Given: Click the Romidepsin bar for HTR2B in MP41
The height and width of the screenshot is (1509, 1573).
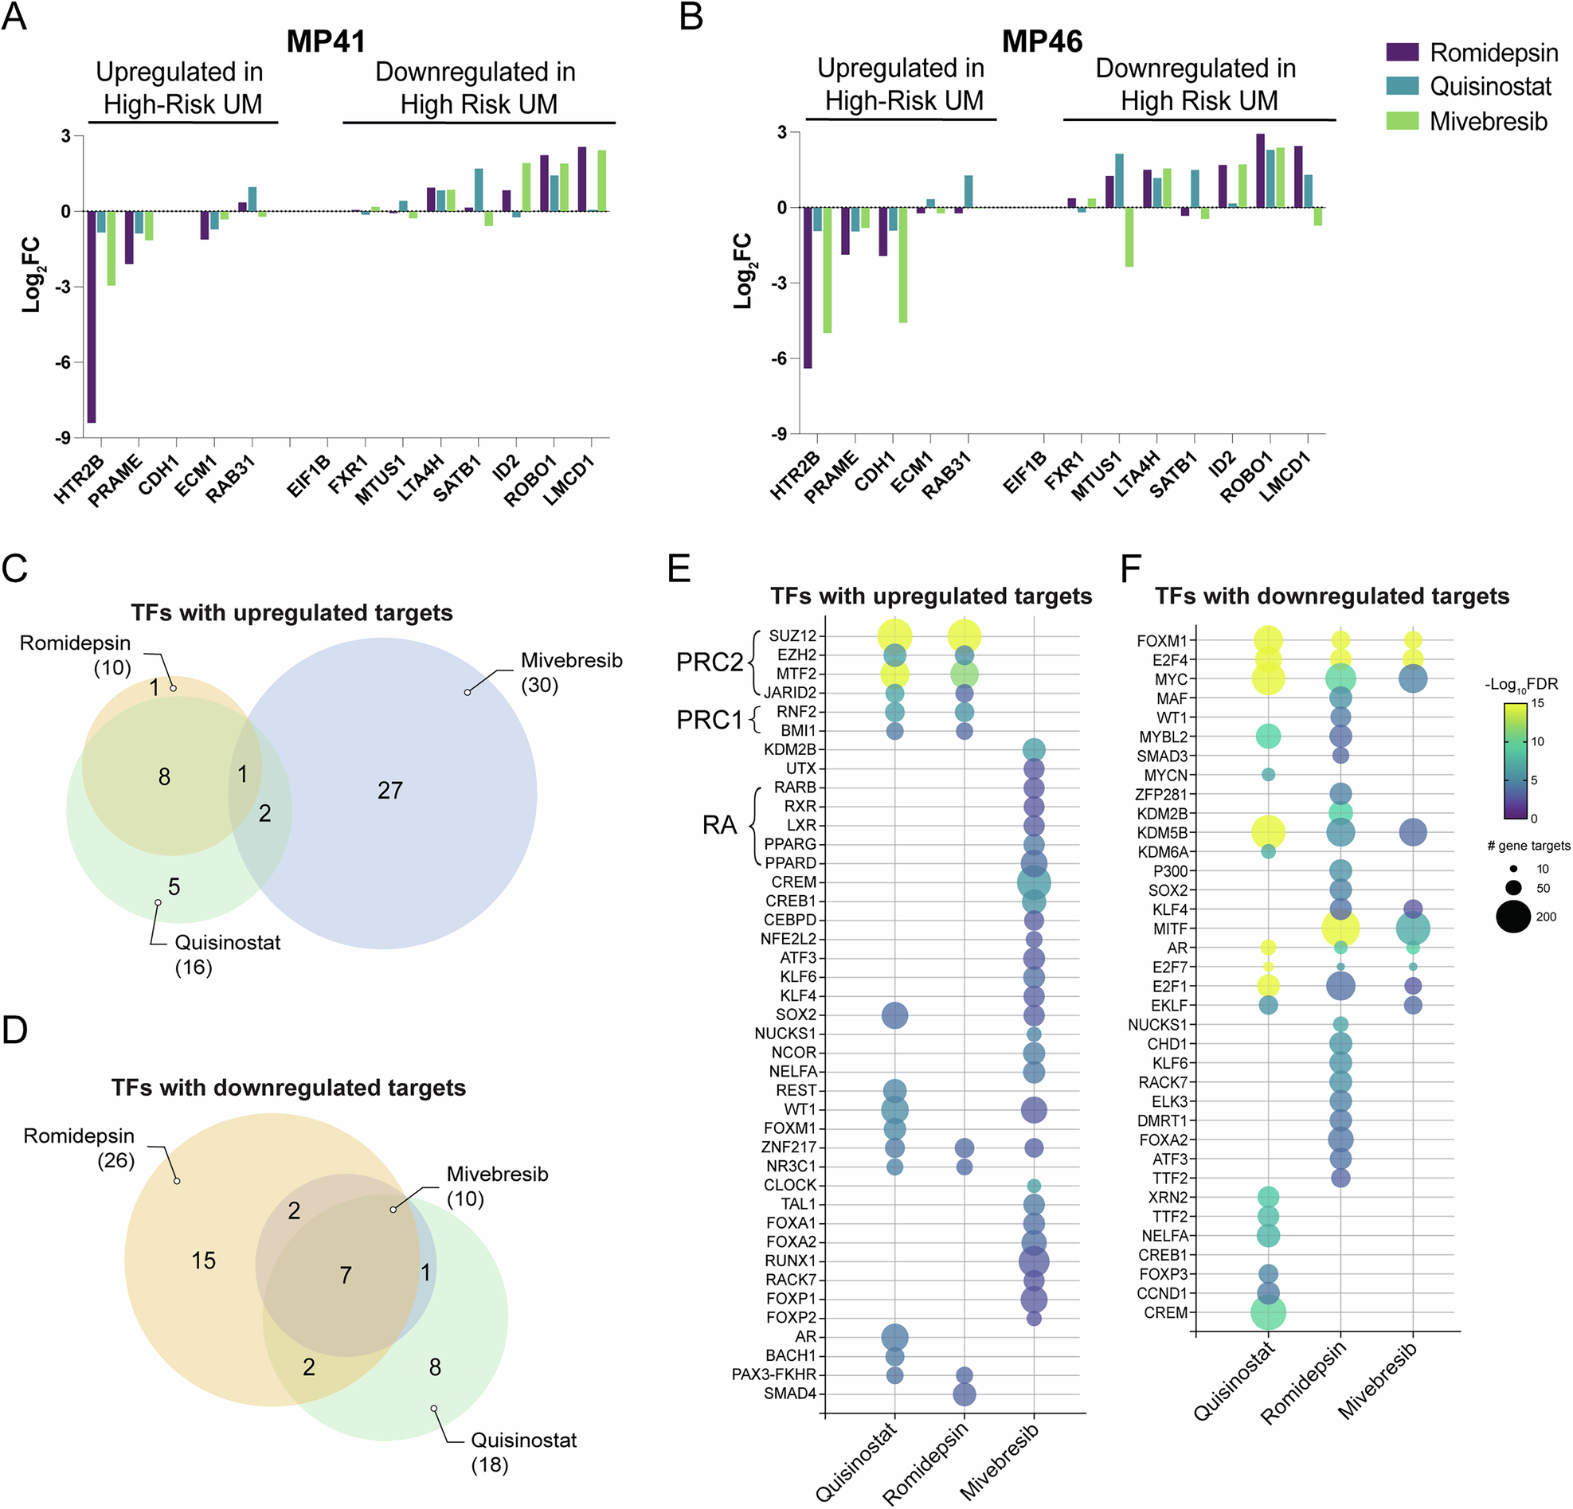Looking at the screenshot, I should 92,316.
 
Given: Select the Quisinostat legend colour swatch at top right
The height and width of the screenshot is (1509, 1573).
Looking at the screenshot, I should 1402,86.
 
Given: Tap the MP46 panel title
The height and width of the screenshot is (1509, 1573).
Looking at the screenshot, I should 1042,41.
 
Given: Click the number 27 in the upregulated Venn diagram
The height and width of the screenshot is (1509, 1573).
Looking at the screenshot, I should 390,790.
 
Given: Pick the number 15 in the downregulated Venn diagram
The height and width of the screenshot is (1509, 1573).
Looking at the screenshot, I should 203,1261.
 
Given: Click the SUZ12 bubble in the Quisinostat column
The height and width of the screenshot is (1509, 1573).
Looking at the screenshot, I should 895,636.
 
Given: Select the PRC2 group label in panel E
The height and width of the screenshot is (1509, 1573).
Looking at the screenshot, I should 710,663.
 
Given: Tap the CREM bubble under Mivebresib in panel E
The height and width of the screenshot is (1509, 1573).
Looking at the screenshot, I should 1034,882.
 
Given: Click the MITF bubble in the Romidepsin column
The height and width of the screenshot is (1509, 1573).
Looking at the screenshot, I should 1340,929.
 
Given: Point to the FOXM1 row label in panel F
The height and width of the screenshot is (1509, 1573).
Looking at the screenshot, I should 1161,641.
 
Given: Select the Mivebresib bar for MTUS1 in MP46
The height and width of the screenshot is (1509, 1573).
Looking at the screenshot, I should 1129,237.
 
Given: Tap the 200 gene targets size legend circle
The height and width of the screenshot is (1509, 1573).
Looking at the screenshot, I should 1513,916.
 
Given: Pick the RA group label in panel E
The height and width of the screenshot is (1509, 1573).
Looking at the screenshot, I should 719,826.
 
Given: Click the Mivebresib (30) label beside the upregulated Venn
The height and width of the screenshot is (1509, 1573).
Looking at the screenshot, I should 570,672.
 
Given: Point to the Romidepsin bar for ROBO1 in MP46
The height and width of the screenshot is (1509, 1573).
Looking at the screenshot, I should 1260,170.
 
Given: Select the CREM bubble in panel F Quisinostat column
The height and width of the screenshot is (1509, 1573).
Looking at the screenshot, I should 1268,1313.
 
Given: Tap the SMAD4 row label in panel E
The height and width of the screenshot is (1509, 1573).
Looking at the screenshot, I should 790,1394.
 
